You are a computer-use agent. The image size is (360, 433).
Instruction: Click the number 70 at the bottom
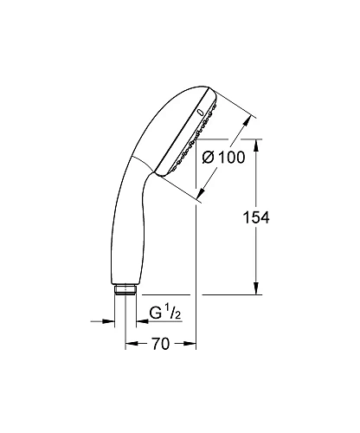(158, 344)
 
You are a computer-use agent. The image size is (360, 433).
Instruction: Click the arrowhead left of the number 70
(131, 345)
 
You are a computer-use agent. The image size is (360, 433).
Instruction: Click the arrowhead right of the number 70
(192, 345)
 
